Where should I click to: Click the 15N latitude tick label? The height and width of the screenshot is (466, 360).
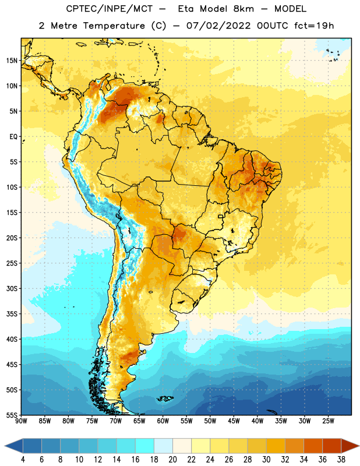point(12,61)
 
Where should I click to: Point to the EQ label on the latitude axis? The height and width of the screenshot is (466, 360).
point(13,137)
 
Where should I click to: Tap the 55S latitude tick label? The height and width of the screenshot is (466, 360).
point(12,415)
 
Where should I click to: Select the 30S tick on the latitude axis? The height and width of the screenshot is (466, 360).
point(12,288)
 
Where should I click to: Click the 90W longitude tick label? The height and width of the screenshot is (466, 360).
point(21,421)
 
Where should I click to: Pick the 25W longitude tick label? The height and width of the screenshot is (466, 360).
point(328,421)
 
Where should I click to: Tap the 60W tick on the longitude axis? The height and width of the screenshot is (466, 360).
point(163,421)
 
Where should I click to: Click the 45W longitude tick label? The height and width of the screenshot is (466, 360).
point(234,421)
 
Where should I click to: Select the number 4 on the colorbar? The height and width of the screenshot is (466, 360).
point(23,460)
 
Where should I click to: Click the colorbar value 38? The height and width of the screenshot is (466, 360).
point(341,460)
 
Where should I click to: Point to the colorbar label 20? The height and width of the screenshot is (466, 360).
point(172,460)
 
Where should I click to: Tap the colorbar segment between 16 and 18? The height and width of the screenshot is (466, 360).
point(145,446)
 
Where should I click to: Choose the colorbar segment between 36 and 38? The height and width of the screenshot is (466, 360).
point(332,446)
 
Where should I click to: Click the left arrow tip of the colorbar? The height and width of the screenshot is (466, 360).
point(5,446)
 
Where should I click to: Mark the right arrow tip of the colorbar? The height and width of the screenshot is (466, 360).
point(359,446)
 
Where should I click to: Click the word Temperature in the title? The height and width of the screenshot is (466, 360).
point(114,26)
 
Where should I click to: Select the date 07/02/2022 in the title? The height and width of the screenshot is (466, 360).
point(218,26)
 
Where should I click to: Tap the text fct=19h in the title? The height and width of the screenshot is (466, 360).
point(314,26)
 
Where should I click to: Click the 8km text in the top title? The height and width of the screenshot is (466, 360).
point(243,9)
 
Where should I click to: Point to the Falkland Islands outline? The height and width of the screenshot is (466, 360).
point(165,398)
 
